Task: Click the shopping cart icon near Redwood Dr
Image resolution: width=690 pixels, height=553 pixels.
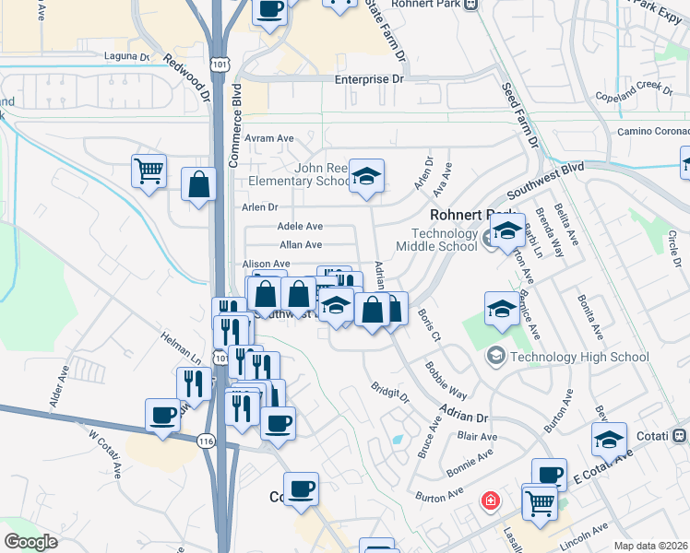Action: [x=149, y=170]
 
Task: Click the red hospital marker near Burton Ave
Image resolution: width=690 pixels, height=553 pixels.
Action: [x=491, y=501]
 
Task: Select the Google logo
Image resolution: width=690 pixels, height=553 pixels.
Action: [x=31, y=542]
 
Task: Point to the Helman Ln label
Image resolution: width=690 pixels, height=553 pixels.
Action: [x=181, y=347]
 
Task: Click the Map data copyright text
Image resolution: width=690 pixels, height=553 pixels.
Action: [x=650, y=546]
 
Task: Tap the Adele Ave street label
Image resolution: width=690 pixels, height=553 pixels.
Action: [x=301, y=227]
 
